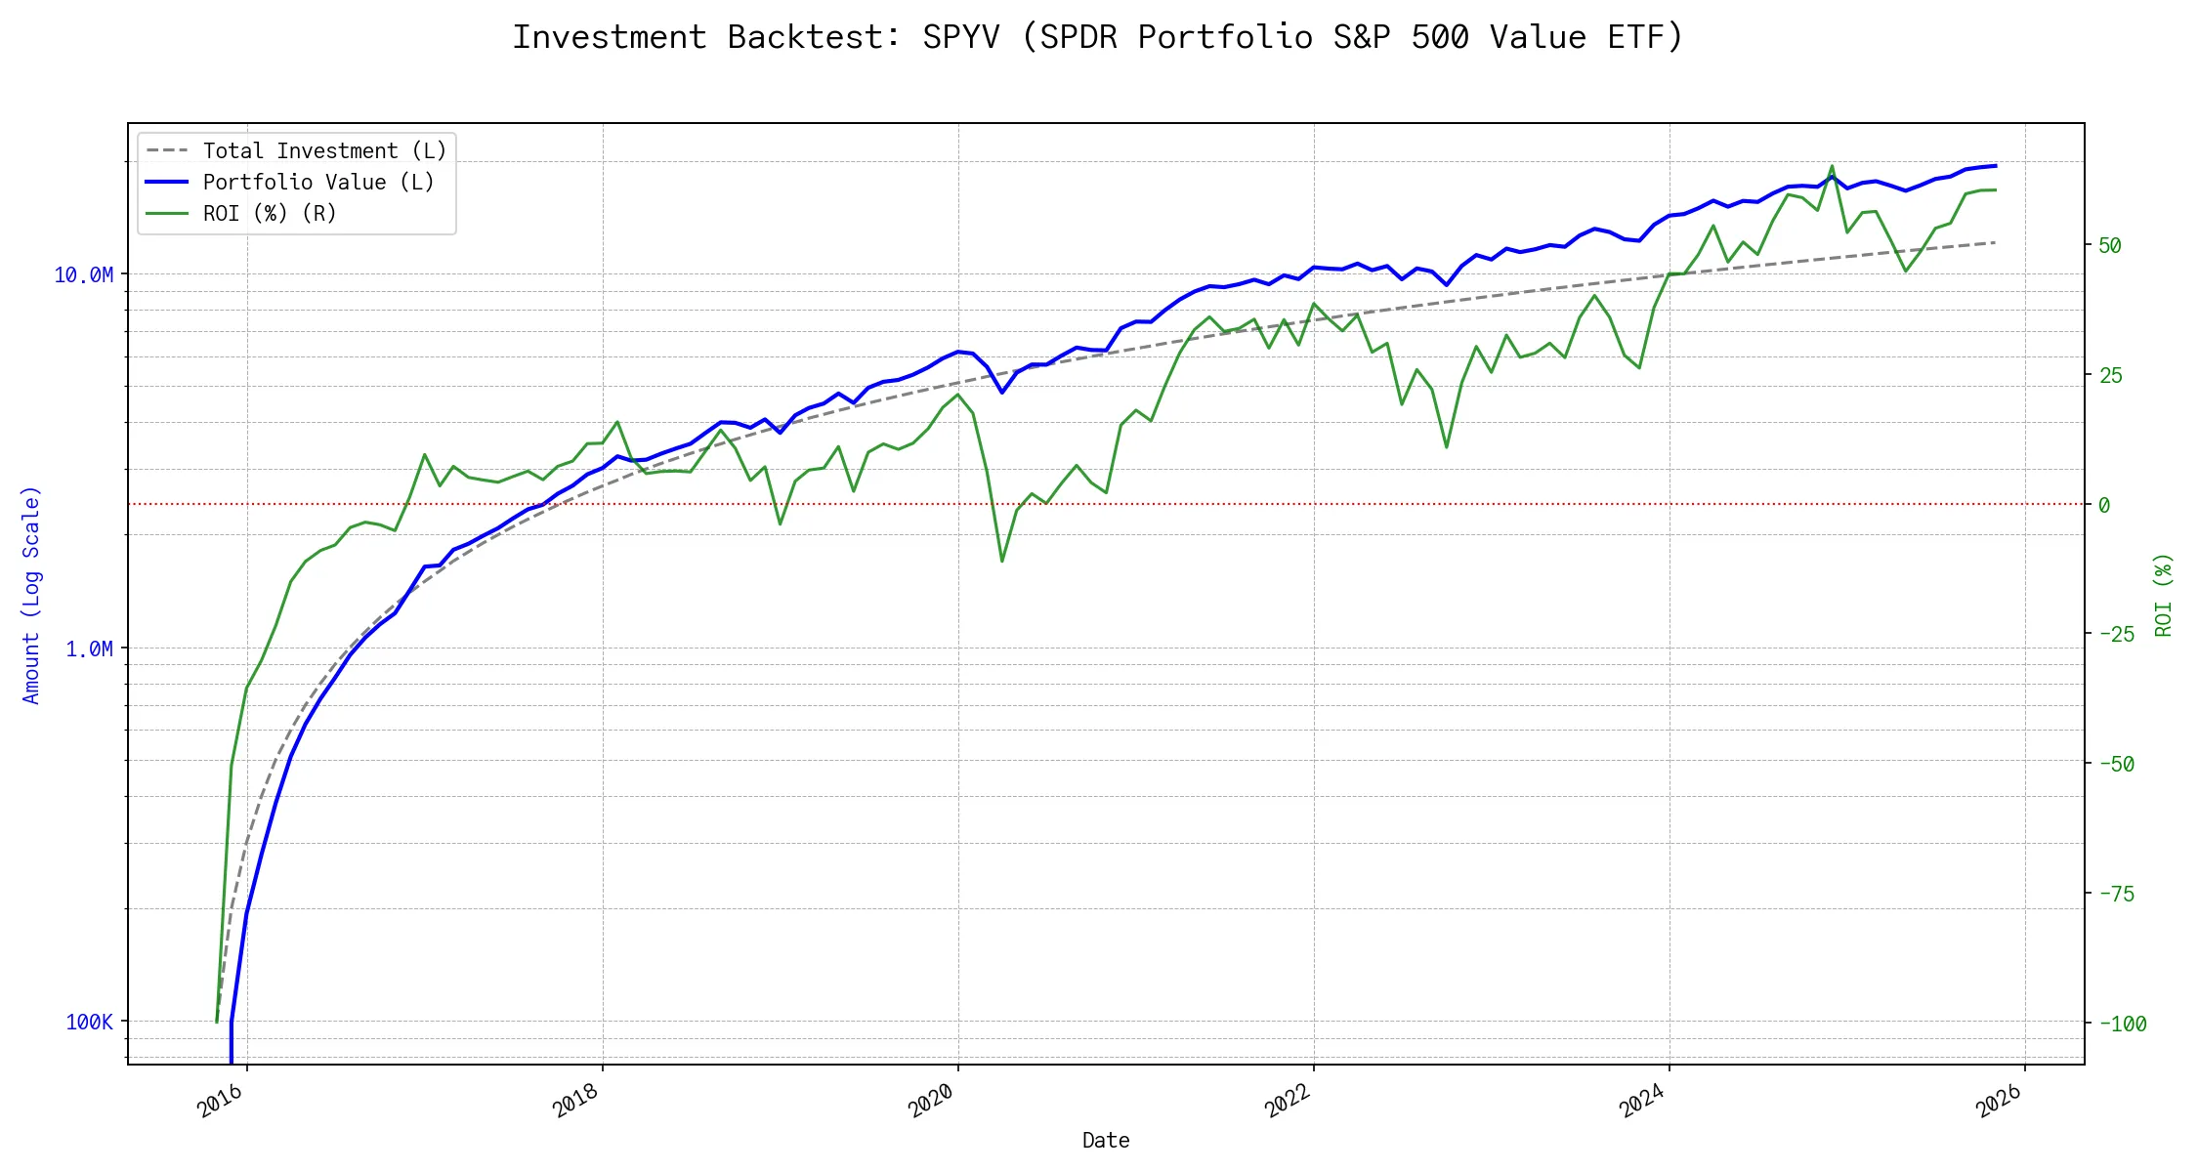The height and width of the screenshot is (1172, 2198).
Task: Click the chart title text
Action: click(1098, 37)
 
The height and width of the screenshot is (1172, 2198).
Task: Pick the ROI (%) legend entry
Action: click(269, 213)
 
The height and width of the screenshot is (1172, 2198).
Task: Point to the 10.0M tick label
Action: click(83, 275)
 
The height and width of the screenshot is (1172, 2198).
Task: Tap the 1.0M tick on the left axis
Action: click(89, 649)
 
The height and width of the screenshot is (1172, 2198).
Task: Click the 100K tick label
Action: click(89, 1023)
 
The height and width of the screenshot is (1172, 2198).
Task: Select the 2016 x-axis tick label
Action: click(221, 1101)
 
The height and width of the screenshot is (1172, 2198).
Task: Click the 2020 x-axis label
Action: click(931, 1101)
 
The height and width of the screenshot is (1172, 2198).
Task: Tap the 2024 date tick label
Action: click(1642, 1101)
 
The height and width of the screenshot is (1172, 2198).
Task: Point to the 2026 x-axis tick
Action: click(1998, 1101)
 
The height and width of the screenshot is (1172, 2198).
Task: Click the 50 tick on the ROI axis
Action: click(2110, 245)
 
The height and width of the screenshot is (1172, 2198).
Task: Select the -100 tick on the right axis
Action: click(2122, 1025)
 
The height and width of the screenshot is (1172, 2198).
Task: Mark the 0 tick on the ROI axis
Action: click(2104, 505)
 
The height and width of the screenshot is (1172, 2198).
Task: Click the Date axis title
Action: click(1106, 1140)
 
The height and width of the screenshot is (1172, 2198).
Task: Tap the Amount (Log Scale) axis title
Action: click(31, 594)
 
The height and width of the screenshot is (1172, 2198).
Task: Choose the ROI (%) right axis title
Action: click(2163, 594)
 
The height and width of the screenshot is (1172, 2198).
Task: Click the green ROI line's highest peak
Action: click(1832, 166)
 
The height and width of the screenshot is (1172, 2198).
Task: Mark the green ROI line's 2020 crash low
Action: click(1002, 561)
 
